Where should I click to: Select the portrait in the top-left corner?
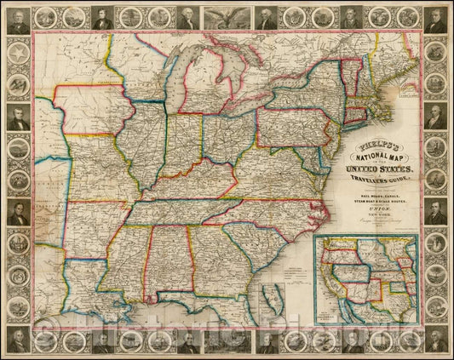(17, 18)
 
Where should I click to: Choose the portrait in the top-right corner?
(436, 18)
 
